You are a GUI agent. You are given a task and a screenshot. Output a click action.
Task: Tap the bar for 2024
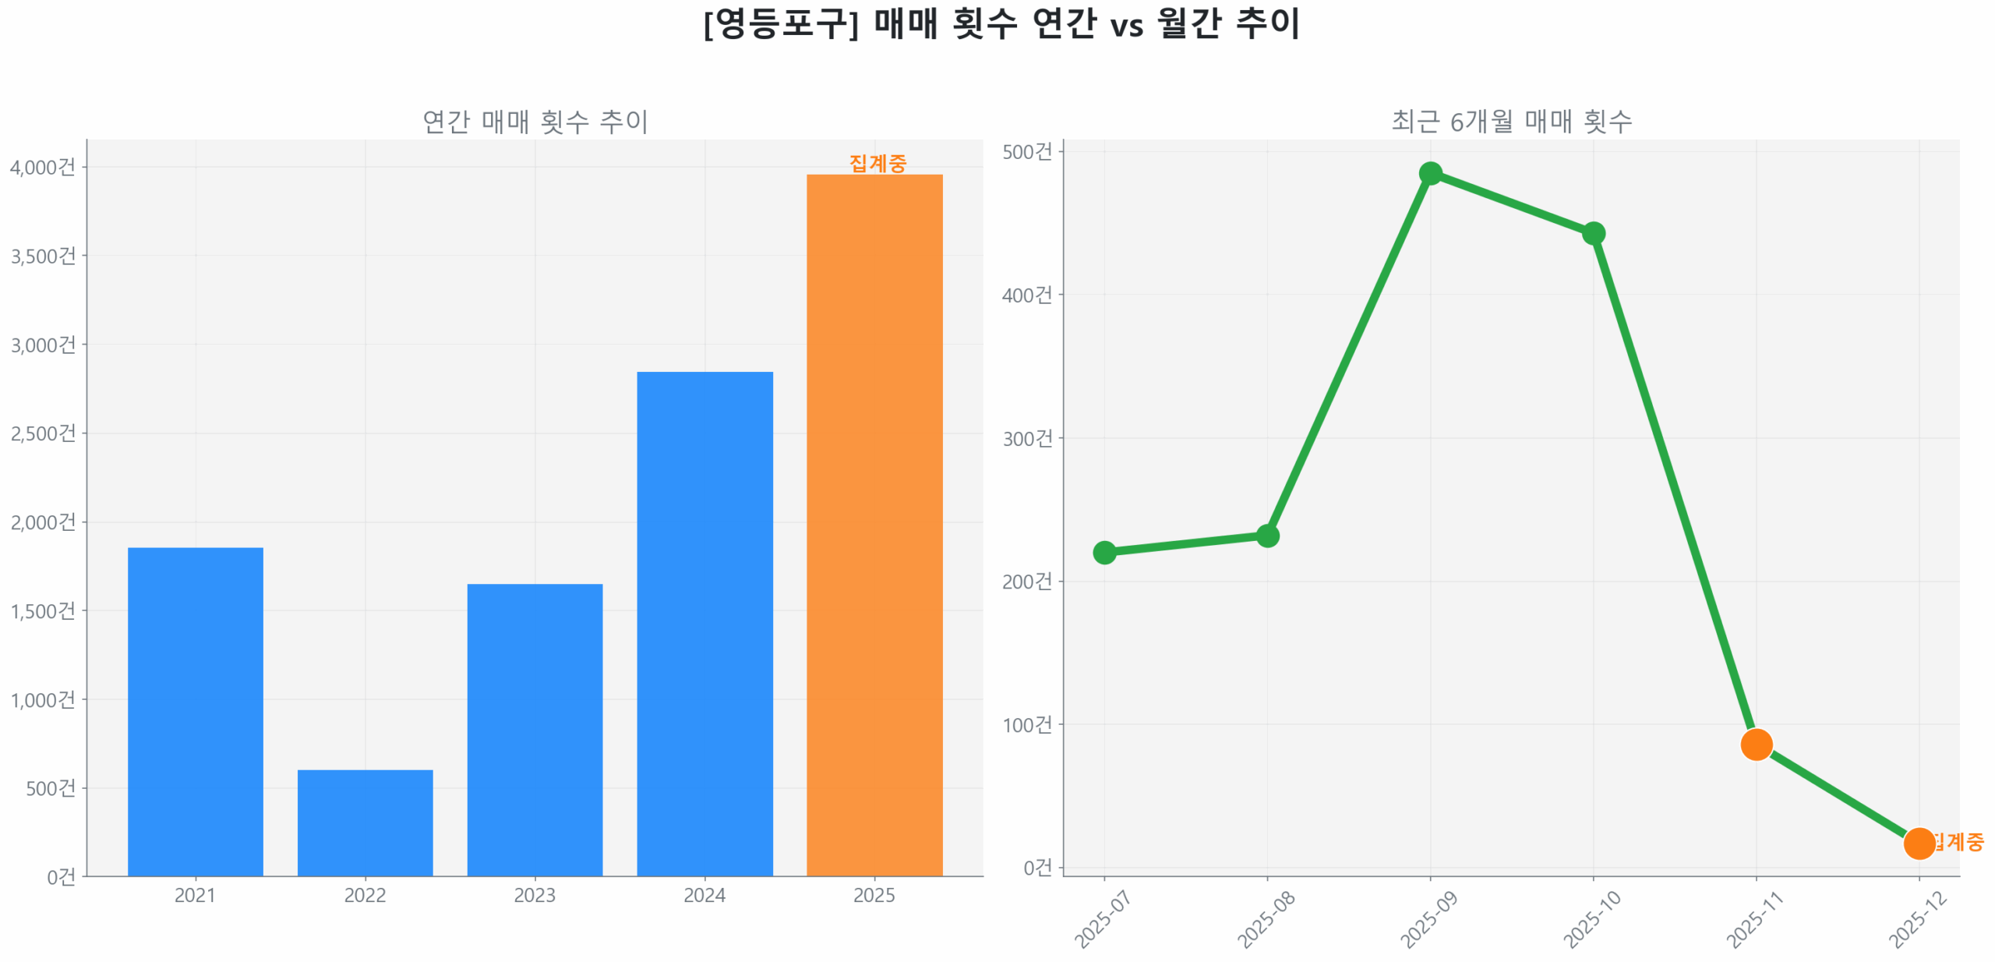[704, 623]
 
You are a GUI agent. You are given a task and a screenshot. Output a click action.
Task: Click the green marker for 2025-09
[1429, 173]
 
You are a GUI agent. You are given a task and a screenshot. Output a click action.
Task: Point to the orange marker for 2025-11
[1755, 744]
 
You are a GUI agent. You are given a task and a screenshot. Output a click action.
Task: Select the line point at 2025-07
[1103, 552]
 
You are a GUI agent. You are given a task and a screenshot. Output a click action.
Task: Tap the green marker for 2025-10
[1592, 233]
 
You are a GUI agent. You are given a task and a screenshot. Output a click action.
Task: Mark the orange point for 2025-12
[1918, 843]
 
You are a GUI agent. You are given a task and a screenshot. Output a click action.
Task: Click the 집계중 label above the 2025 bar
[877, 163]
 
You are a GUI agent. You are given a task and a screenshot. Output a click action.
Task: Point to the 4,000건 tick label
[43, 167]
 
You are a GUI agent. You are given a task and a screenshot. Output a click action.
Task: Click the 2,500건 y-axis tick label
[43, 433]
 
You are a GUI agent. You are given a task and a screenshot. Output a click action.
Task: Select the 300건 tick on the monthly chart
[1026, 438]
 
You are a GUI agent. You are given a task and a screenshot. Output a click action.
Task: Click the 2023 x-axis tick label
[535, 895]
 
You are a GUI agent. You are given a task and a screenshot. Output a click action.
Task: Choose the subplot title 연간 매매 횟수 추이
[535, 121]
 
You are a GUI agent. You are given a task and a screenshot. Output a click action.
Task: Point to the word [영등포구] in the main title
[781, 23]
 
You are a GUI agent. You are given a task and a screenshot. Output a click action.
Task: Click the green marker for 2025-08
[1266, 536]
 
